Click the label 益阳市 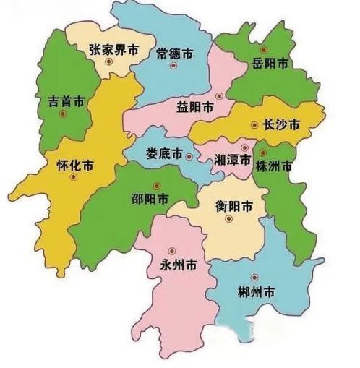195,106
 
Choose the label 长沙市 282,125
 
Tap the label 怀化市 77,165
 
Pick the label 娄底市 164,154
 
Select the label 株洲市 274,166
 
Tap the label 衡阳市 234,205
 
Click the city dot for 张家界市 108,63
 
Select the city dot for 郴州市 252,278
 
